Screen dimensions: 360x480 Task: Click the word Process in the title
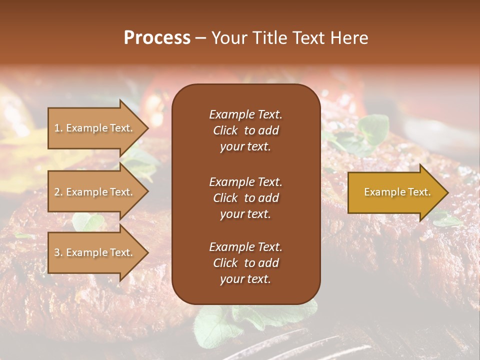pos(157,38)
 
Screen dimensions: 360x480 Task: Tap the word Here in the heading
pos(348,38)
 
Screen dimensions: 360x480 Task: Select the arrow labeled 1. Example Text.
pos(95,128)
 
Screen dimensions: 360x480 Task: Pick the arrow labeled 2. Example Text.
pos(95,192)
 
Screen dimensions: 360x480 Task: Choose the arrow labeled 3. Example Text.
pos(95,252)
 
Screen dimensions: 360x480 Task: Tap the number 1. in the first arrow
pos(58,128)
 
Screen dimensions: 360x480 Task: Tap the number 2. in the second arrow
pos(58,192)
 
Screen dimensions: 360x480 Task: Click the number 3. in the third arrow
pos(58,252)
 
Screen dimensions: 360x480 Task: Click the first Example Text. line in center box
pos(245,114)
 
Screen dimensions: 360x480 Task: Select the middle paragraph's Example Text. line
pos(245,181)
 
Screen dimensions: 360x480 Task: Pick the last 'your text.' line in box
pos(245,279)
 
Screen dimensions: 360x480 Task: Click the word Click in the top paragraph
pos(225,130)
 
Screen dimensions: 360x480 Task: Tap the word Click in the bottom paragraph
pos(225,263)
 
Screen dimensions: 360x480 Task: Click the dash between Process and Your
pos(200,38)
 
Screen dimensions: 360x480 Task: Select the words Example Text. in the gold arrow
pos(397,192)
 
